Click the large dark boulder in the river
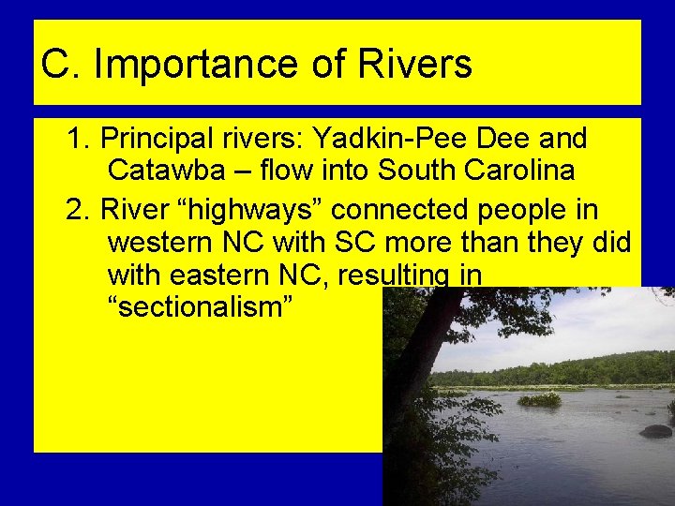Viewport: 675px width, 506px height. click(x=655, y=431)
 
